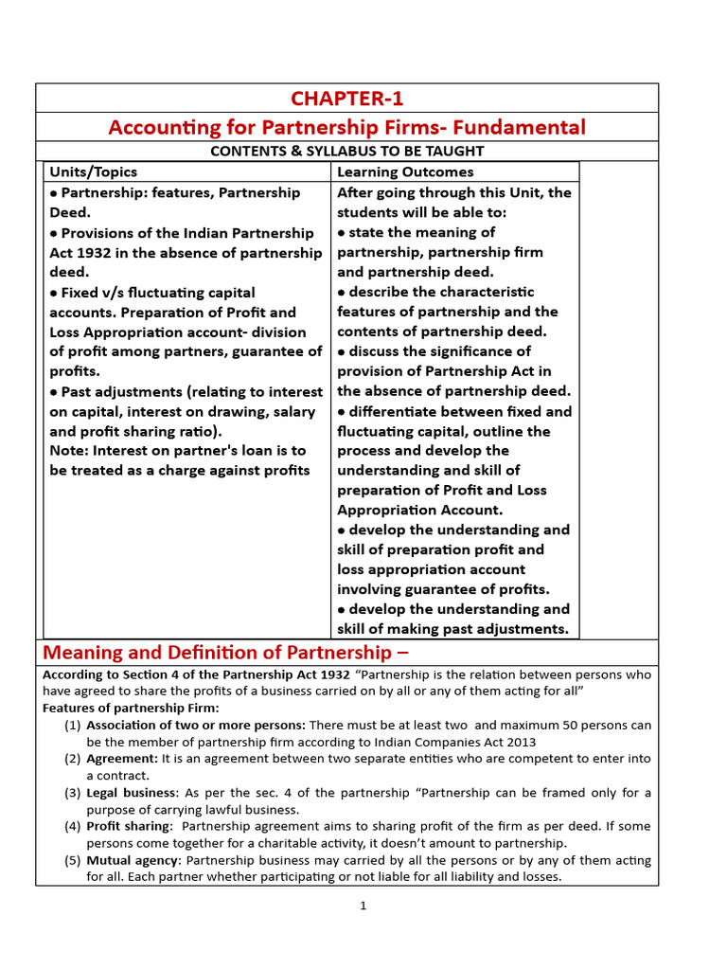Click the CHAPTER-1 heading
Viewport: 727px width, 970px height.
point(346,99)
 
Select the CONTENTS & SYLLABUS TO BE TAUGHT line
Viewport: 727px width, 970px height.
point(346,152)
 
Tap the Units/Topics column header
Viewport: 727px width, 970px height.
point(93,171)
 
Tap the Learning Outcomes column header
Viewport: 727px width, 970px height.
point(405,171)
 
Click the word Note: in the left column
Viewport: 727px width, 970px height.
point(70,451)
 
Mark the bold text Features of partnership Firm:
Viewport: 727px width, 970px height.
point(131,709)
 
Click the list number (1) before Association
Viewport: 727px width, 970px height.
point(73,726)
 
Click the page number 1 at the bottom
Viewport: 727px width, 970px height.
point(363,906)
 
